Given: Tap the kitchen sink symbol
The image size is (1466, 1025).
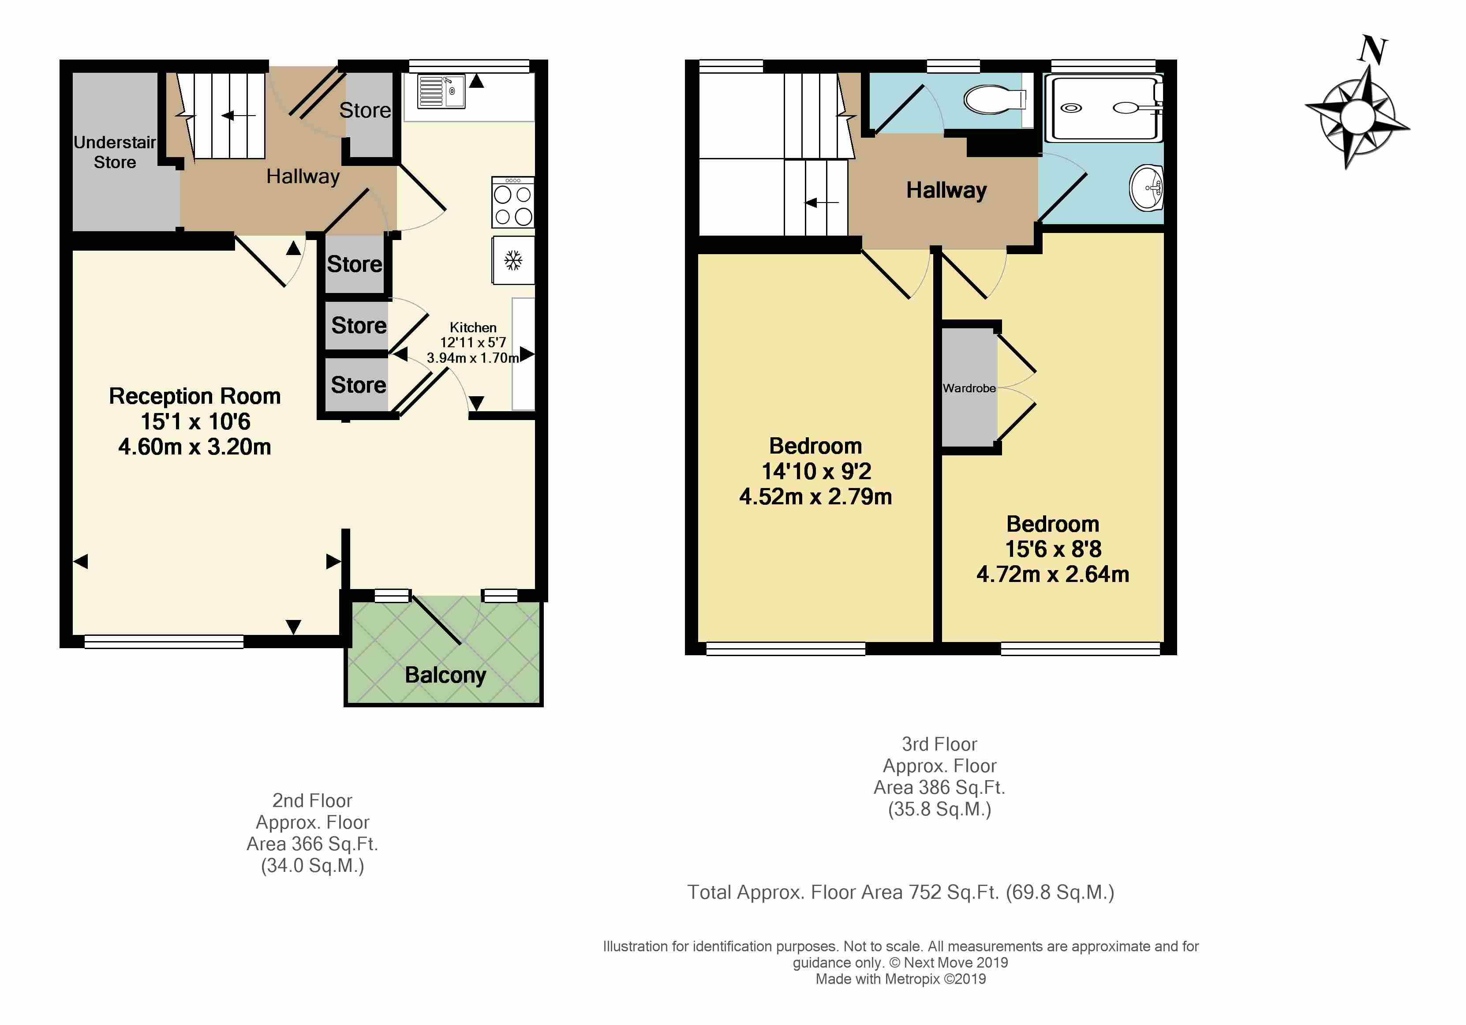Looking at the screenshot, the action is [441, 91].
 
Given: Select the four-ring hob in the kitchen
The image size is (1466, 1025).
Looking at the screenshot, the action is [513, 203].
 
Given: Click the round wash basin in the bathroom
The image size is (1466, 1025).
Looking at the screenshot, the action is [1147, 188].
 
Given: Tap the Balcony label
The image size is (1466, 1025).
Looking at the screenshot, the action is [446, 675].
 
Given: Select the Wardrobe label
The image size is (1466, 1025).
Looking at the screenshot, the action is [969, 388].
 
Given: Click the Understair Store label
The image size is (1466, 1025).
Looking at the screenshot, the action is [115, 152].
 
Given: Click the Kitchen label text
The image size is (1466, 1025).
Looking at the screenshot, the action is [473, 327].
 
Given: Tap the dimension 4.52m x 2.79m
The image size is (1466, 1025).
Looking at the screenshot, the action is [815, 497].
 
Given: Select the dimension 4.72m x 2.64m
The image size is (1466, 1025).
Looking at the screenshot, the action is [1053, 574].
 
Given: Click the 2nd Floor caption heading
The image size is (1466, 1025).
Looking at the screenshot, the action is [312, 801].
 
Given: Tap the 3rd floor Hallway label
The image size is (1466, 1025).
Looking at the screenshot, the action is [946, 190].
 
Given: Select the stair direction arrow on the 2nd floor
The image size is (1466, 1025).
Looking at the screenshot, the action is [238, 116].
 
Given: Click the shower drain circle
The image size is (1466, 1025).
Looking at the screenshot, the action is [1071, 108].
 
